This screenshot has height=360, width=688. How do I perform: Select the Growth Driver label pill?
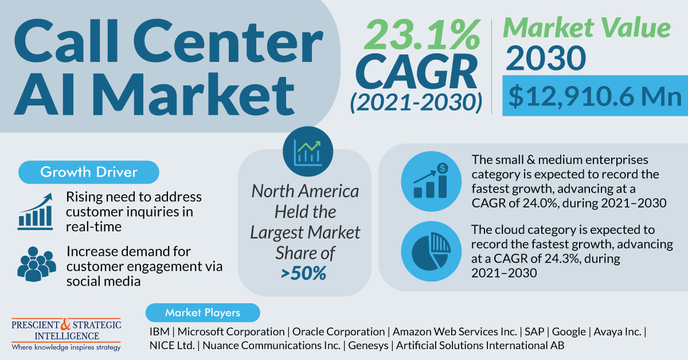88,172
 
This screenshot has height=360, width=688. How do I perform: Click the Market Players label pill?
202,312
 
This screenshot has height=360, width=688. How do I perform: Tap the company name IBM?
160,331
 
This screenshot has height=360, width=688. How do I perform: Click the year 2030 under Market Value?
546,58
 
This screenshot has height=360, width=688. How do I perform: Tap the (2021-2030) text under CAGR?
416,102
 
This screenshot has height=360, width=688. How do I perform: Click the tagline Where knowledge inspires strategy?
66,347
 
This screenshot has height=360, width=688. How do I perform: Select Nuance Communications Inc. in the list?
269,346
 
